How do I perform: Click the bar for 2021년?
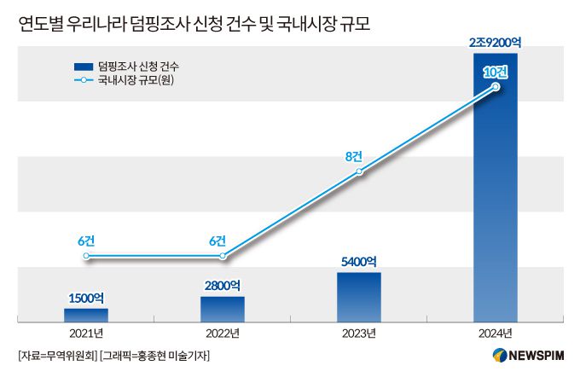tap(85, 315)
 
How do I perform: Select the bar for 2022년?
tap(222, 309)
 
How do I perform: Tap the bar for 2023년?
tap(359, 297)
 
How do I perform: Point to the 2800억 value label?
tap(222, 285)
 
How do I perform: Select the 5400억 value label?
tap(359, 261)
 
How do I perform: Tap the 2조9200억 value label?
tap(496, 43)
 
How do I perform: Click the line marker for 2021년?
tap(85, 256)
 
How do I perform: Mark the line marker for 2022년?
tap(223, 256)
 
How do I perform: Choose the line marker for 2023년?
tap(359, 171)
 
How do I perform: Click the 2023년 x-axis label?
tap(359, 333)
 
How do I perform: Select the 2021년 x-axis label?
tap(85, 333)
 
